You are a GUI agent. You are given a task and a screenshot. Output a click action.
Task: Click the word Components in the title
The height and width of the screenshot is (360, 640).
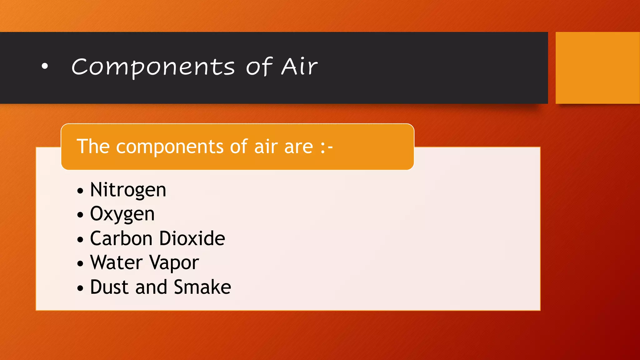click(153, 67)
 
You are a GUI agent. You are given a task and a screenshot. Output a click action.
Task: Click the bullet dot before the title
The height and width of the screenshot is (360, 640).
click(45, 66)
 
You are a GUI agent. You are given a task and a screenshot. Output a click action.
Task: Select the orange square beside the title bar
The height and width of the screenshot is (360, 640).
click(597, 68)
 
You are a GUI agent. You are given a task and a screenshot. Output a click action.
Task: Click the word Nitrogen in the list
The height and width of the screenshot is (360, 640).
click(128, 190)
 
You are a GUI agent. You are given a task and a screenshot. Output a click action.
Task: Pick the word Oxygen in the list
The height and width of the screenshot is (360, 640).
click(122, 214)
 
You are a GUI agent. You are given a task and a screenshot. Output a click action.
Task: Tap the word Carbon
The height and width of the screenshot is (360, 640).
click(121, 238)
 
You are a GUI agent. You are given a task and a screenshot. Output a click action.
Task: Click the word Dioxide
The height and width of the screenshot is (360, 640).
click(192, 238)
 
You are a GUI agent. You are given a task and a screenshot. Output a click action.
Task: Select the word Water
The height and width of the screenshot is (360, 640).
click(116, 262)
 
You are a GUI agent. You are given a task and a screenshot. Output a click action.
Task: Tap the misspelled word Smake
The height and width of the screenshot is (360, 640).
click(202, 287)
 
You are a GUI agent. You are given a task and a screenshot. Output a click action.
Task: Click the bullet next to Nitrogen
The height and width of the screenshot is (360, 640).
click(80, 191)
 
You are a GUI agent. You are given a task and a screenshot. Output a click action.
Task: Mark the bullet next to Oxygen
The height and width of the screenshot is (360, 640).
click(80, 215)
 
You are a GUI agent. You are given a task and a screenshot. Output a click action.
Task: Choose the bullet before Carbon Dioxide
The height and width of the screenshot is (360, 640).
click(80, 239)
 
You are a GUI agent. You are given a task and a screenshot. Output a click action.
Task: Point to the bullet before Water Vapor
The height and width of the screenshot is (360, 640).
click(80, 263)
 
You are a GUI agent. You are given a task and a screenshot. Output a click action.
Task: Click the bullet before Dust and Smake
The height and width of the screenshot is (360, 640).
click(80, 288)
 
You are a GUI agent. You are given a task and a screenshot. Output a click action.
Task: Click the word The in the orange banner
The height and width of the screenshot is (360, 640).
click(93, 146)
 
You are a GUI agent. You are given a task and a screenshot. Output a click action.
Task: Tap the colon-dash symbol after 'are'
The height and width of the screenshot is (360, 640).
click(327, 147)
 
